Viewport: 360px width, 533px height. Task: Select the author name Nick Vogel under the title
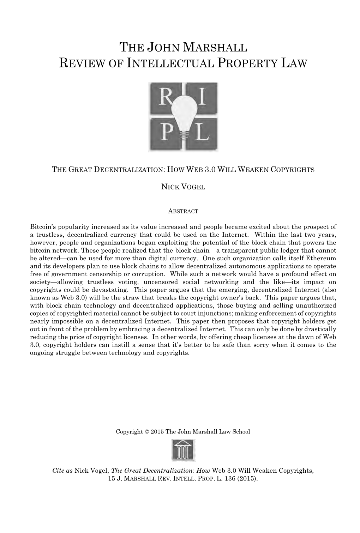183,187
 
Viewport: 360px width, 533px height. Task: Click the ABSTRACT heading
183,211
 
